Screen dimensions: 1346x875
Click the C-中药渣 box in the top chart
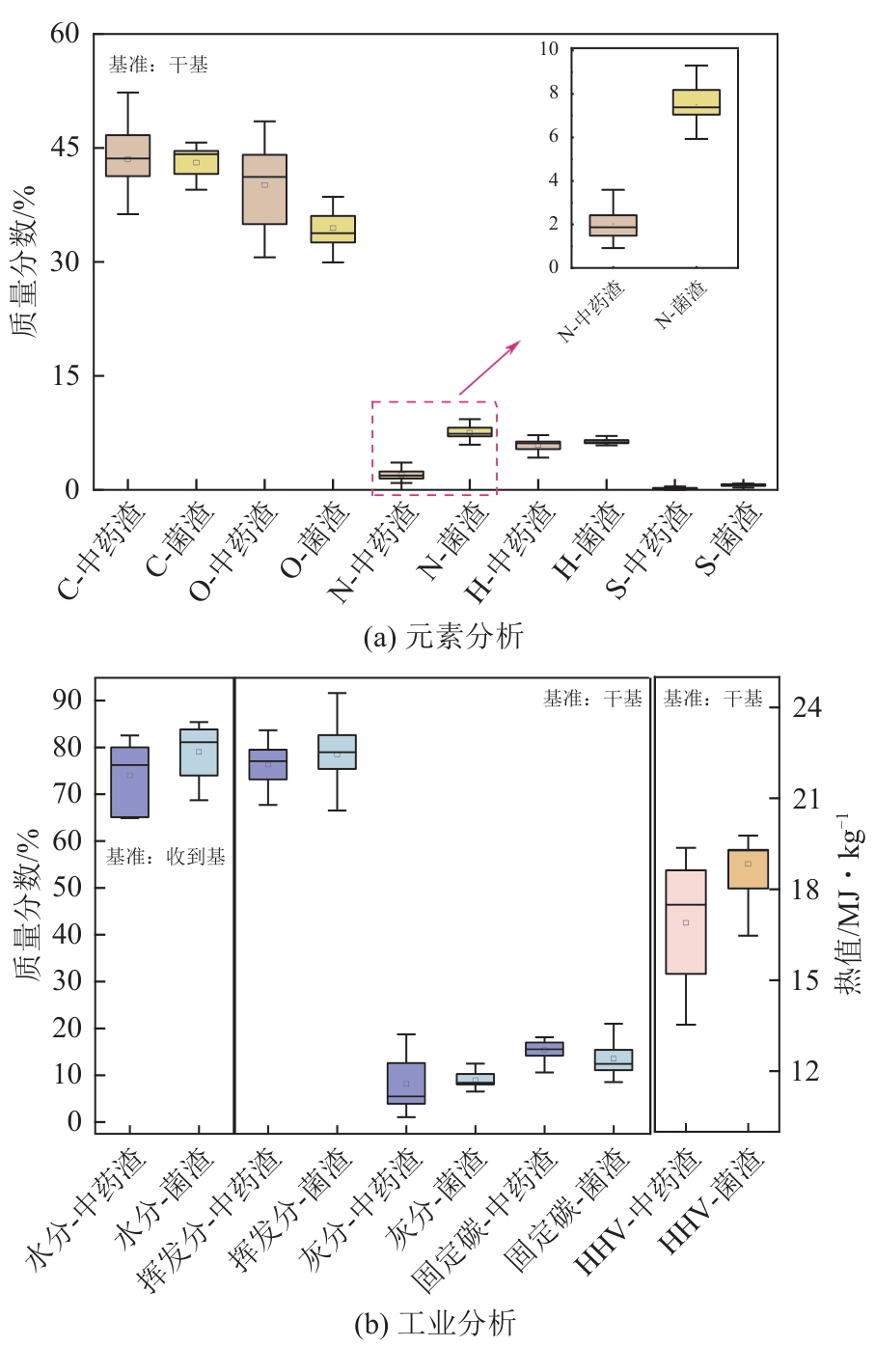point(127,155)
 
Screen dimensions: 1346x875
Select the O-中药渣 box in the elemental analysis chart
point(264,189)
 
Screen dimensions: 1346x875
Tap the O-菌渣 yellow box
point(333,229)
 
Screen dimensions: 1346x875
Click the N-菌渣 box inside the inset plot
point(696,102)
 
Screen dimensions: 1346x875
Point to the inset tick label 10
point(549,49)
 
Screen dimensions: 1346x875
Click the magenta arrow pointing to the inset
point(489,368)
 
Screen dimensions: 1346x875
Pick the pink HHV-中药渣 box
point(686,921)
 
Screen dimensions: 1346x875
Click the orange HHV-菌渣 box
point(748,868)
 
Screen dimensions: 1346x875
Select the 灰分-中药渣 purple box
point(406,1083)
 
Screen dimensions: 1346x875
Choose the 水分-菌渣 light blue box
point(199,752)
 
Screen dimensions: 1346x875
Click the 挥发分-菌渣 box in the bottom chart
point(337,752)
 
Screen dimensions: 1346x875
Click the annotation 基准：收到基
point(165,857)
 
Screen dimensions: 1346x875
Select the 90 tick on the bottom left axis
point(68,700)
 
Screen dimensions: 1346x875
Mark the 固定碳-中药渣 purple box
point(544,1049)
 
